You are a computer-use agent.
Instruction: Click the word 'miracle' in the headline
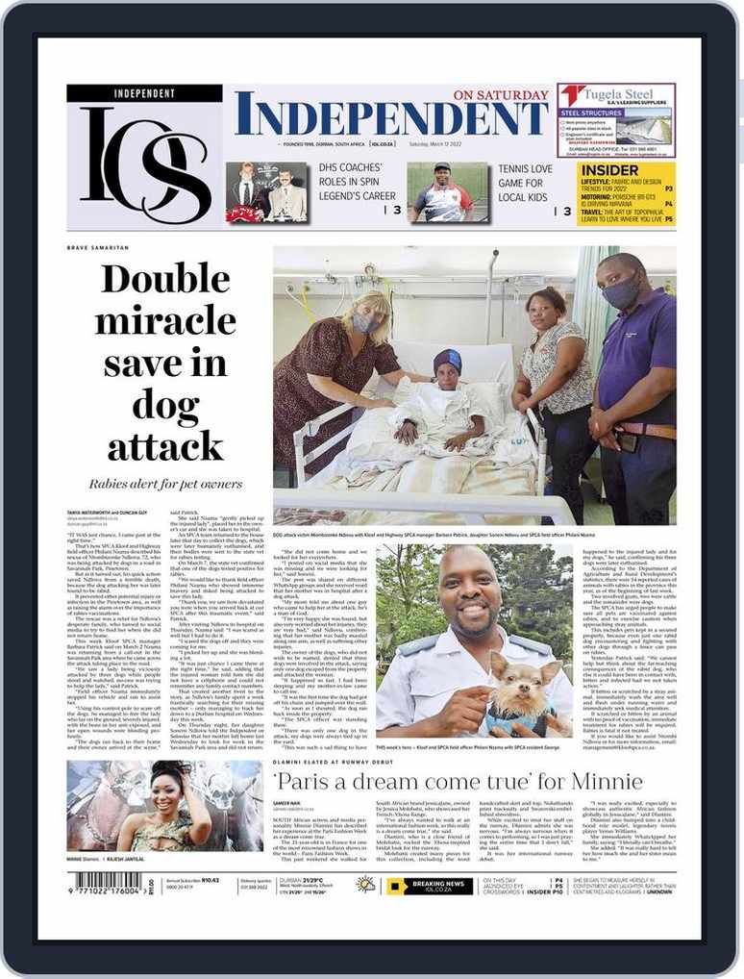pyautogui.click(x=165, y=321)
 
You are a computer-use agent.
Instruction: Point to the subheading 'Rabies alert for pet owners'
pyautogui.click(x=165, y=484)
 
